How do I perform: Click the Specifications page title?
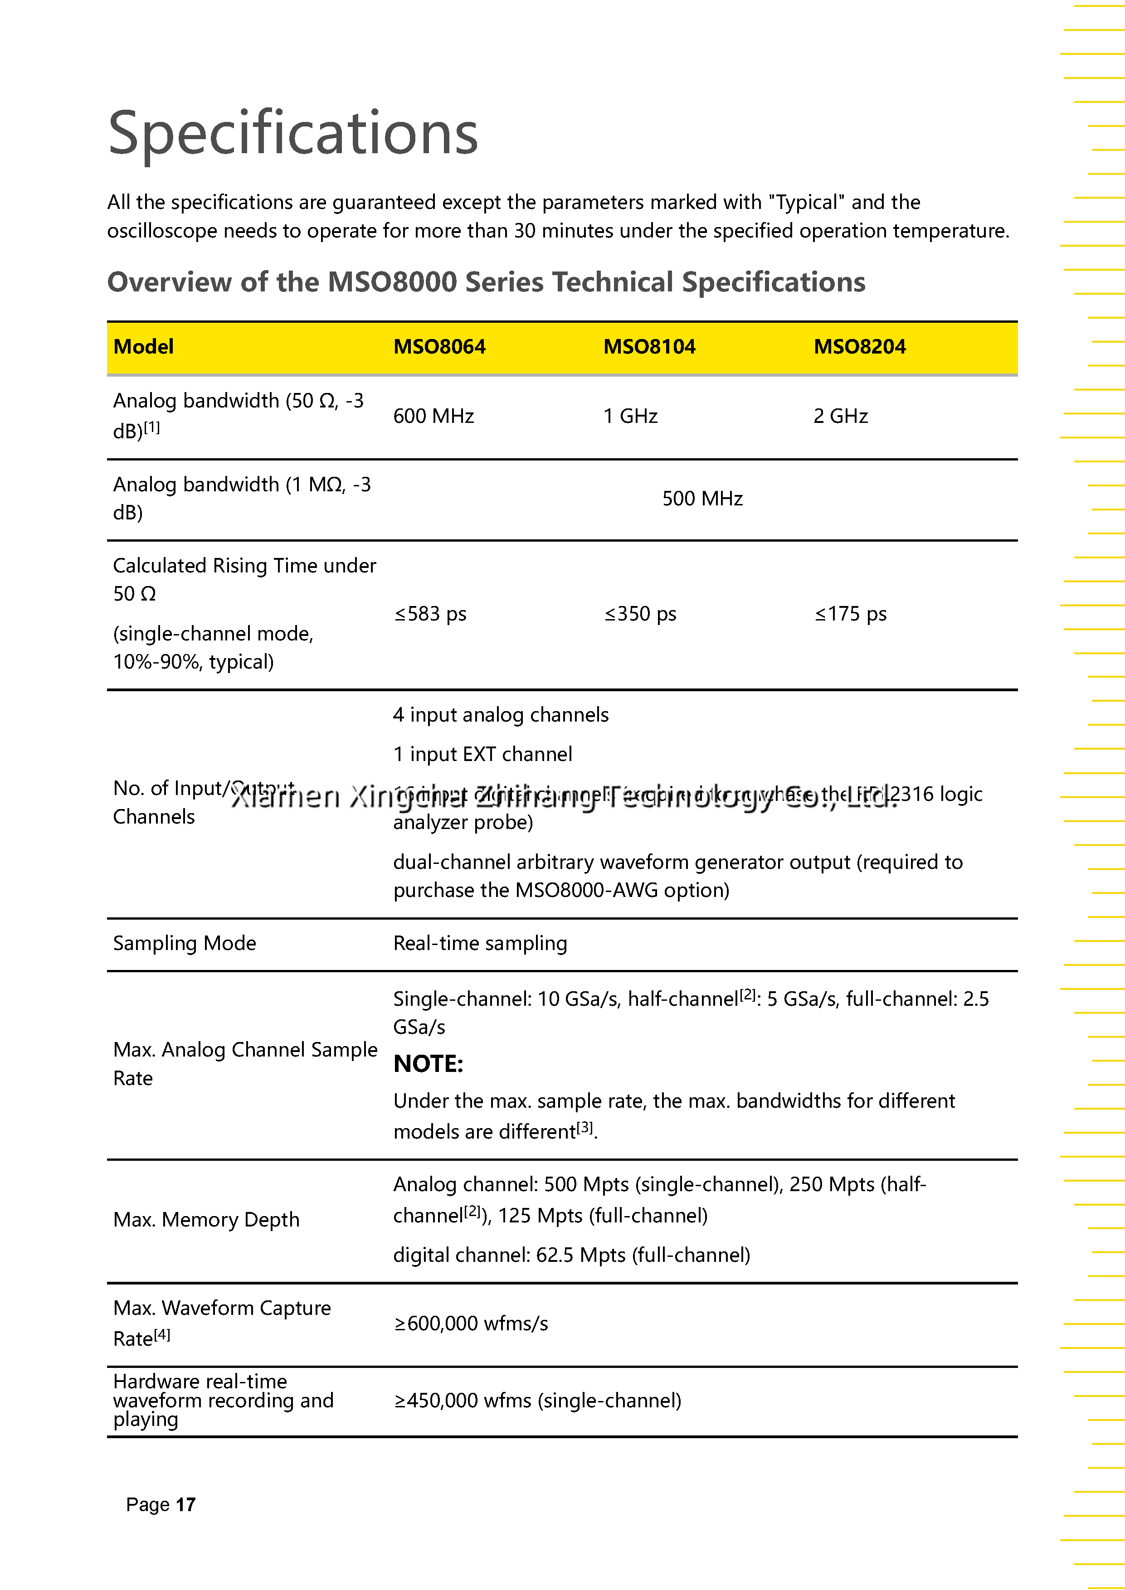293,132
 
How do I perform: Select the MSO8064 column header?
439,346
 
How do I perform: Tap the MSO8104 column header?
649,346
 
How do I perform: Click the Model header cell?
143,346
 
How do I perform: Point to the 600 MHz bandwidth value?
433,416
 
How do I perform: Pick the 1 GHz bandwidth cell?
630,416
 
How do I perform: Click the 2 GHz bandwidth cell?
840,416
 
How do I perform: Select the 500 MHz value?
702,499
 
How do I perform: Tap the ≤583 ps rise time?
430,614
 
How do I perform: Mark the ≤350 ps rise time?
640,614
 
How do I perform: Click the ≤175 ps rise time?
851,614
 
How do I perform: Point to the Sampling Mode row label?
184,943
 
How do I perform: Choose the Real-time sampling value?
480,943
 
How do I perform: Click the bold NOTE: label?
428,1064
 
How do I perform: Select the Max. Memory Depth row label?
206,1220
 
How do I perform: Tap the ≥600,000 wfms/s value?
471,1323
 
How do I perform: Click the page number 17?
185,1505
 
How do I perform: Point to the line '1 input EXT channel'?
483,754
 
